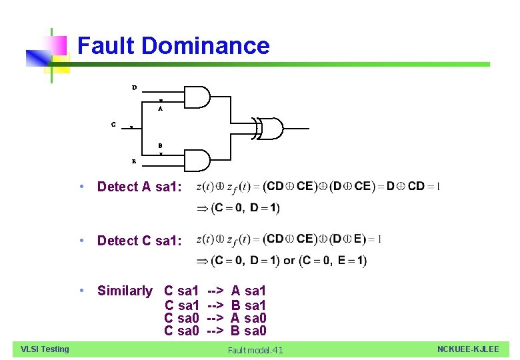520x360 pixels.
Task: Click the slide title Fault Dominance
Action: pos(173,46)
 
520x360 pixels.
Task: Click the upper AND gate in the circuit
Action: pos(196,97)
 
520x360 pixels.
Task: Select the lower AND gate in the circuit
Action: pos(196,160)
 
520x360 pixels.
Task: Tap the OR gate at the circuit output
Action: pos(271,128)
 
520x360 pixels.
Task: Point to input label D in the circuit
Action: pos(134,87)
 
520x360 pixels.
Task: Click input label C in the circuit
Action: pos(113,123)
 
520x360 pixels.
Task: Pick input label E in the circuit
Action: pos(134,161)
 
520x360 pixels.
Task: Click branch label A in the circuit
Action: pos(161,108)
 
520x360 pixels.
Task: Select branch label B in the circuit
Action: pos(161,145)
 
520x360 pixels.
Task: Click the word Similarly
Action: pos(125,291)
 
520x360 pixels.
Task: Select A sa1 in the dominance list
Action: pos(249,291)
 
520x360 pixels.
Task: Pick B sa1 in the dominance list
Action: pos(249,305)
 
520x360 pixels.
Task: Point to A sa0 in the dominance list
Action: pos(249,318)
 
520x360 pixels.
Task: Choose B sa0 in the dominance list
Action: pos(249,331)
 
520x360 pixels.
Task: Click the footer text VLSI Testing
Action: pos(45,349)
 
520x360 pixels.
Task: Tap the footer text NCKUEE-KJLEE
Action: pos(468,349)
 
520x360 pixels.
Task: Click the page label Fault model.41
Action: pos(255,350)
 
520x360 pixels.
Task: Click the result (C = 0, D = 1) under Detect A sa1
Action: pos(245,209)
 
